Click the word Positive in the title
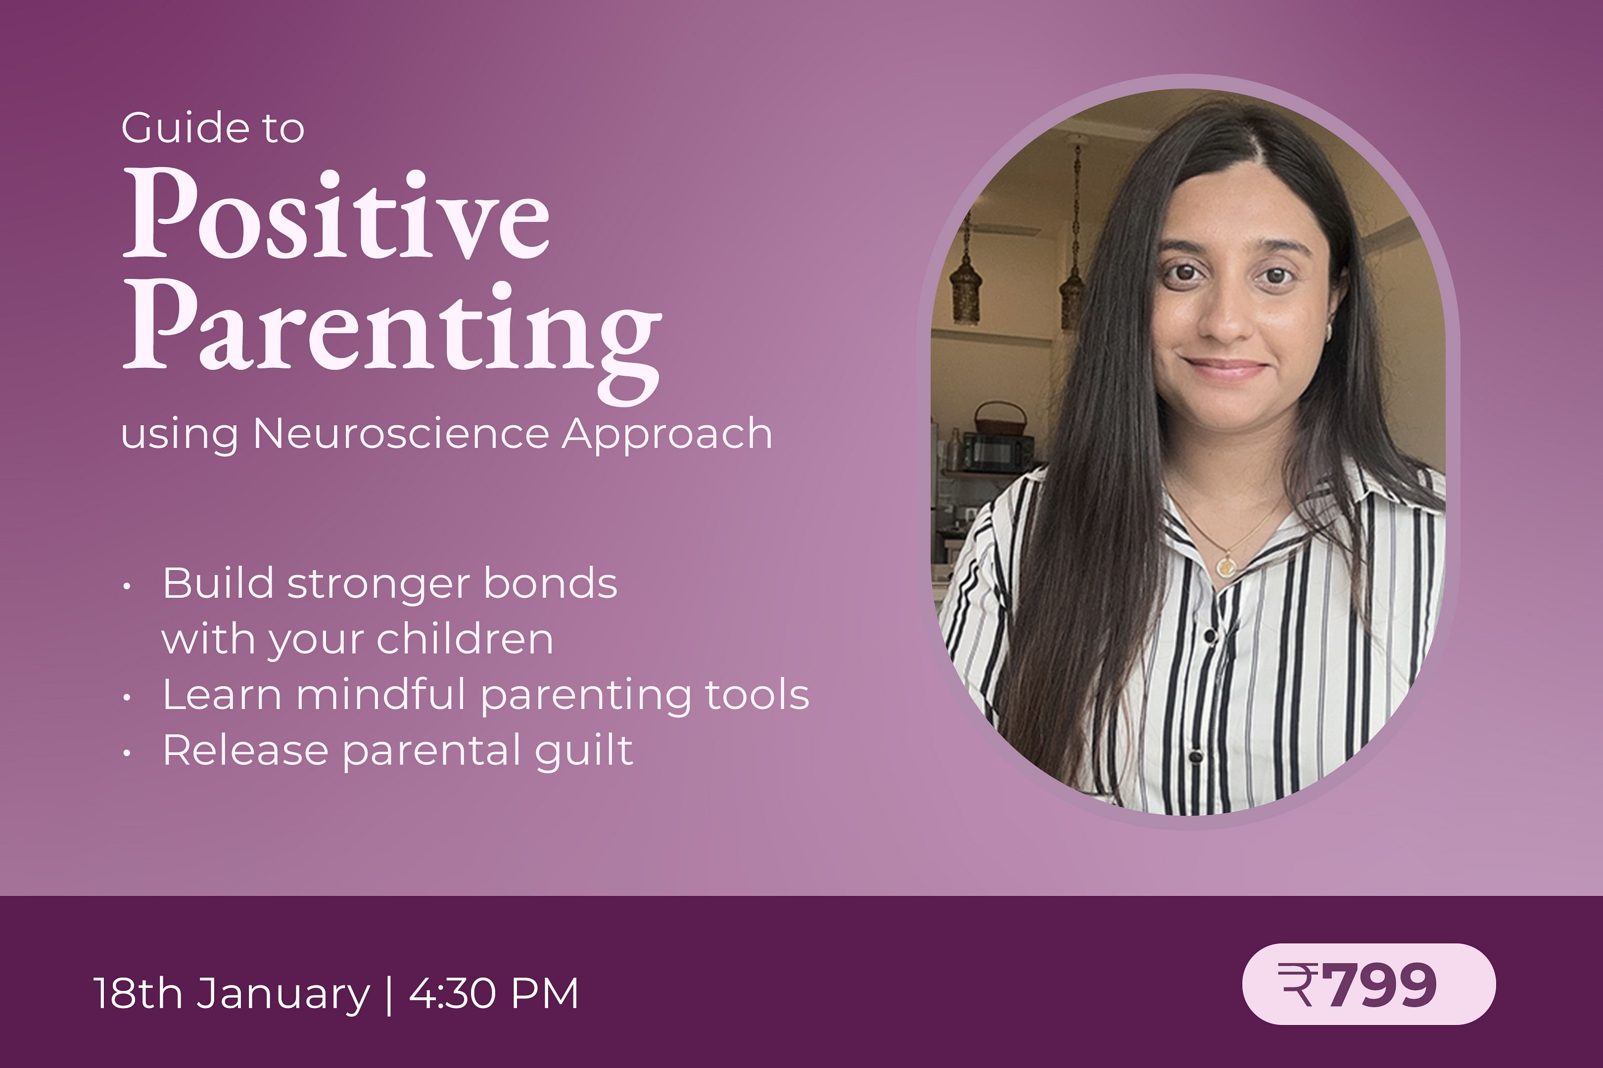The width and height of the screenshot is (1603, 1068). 336,214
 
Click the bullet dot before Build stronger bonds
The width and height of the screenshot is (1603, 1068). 127,586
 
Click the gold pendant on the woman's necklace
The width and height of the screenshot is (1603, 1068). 1226,564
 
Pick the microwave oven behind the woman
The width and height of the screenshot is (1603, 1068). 996,451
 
